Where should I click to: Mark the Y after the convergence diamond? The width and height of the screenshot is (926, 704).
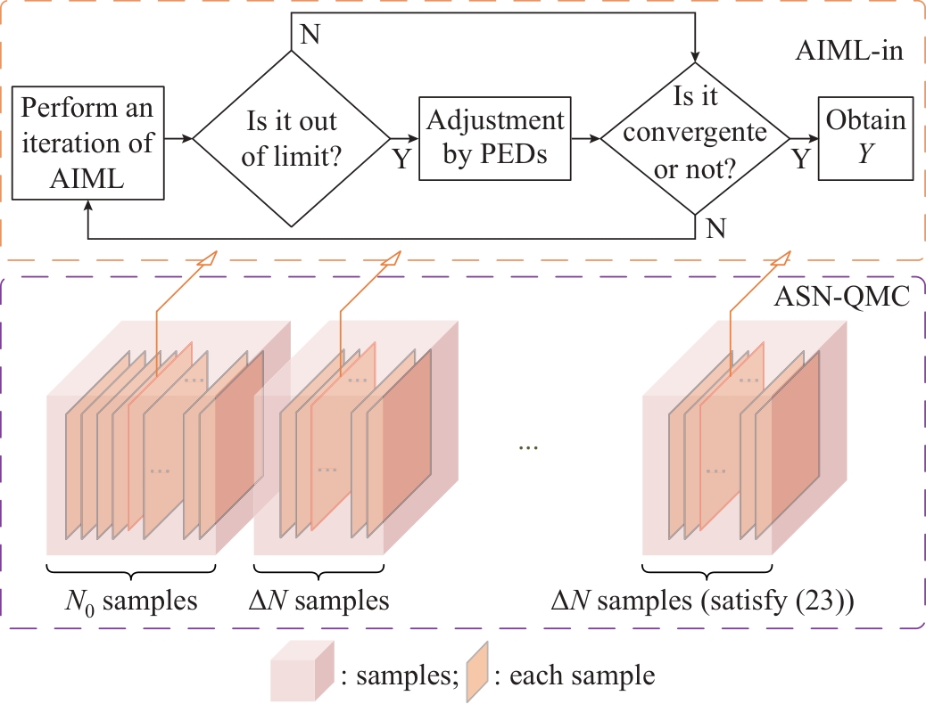[x=800, y=161]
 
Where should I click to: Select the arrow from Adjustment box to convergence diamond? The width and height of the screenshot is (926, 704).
[x=583, y=139]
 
